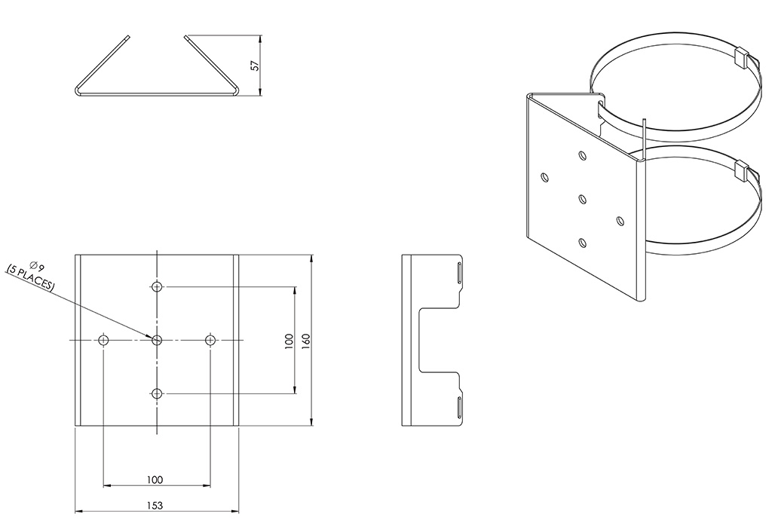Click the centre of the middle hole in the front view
pyautogui.click(x=158, y=340)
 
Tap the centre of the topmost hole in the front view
pyautogui.click(x=158, y=286)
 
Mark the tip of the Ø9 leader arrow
pyautogui.click(x=152, y=338)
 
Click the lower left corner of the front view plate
pyautogui.click(x=75, y=425)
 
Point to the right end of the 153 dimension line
pyautogui.click(x=239, y=511)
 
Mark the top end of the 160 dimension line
pyautogui.click(x=311, y=255)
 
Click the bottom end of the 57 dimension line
pyautogui.click(x=261, y=95)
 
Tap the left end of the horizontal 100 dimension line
pyautogui.click(x=103, y=485)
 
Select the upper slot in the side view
pyautogui.click(x=459, y=274)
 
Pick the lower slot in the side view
pyautogui.click(x=459, y=407)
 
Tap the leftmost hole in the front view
pyautogui.click(x=104, y=340)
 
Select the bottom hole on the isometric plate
pyautogui.click(x=583, y=243)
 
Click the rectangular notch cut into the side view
pyautogui.click(x=440, y=340)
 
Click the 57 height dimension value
pyautogui.click(x=255, y=66)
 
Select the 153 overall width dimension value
pyautogui.click(x=155, y=505)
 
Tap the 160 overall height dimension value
pyautogui.click(x=305, y=340)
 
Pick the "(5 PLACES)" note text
pyautogui.click(x=29, y=277)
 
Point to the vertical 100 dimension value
pyautogui.click(x=289, y=341)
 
